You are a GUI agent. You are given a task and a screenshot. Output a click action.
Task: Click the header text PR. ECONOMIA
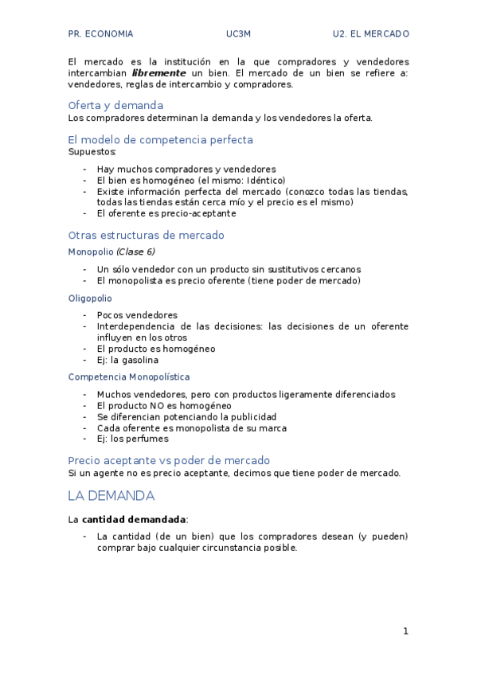point(100,34)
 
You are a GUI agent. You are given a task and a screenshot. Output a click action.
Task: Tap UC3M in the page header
point(238,34)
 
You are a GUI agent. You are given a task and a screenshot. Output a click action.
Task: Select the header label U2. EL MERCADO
point(371,34)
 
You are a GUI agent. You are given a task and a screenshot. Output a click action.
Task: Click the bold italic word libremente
point(158,72)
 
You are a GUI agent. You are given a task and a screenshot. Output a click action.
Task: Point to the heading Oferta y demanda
point(115,105)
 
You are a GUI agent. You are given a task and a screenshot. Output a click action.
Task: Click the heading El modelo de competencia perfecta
point(160,139)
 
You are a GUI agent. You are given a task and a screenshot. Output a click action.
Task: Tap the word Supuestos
point(92,151)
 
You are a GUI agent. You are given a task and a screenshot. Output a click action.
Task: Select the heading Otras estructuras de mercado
point(146,236)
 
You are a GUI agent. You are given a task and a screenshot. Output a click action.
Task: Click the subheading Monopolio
point(91,252)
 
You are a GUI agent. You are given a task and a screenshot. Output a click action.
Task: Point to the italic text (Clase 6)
point(135,252)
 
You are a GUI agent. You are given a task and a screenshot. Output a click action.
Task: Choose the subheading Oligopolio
point(90,298)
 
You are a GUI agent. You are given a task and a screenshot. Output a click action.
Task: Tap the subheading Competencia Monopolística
point(128,377)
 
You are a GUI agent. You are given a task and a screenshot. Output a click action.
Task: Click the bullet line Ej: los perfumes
point(132,439)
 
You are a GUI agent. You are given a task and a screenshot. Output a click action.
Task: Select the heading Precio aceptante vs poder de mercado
point(169,460)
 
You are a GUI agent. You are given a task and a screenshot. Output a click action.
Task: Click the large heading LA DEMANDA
point(111,496)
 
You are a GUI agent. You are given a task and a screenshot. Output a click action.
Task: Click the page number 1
point(405,631)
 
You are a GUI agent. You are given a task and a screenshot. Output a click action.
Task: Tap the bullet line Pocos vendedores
point(137,315)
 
